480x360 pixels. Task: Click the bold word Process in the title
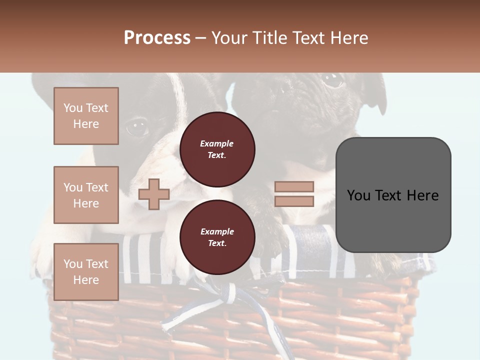coord(157,37)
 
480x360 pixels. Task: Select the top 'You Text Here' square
coord(86,116)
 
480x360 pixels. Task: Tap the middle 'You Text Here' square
coord(86,195)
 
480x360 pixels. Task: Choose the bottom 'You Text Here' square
coord(86,271)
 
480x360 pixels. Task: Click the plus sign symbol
coord(153,194)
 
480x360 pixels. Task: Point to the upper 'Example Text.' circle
coord(217,149)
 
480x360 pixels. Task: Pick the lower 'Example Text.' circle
coord(217,237)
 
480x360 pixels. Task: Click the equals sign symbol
coord(294,194)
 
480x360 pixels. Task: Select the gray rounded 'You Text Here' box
coord(393,195)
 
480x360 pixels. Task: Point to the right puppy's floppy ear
coord(376,95)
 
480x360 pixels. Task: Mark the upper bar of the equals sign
coord(294,186)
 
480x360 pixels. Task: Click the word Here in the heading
coord(349,37)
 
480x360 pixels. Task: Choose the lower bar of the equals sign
coord(294,201)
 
